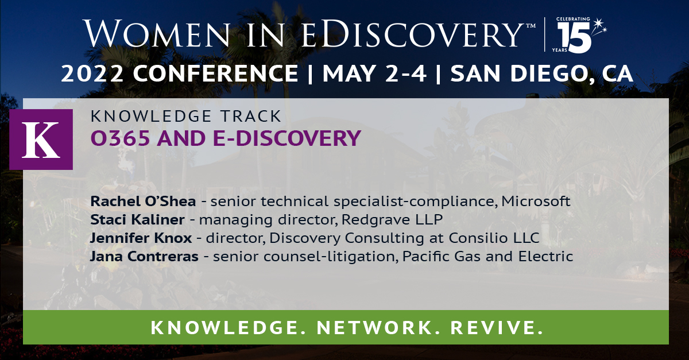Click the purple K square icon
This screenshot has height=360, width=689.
pyautogui.click(x=41, y=140)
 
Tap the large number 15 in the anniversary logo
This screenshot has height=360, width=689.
pyautogui.click(x=575, y=37)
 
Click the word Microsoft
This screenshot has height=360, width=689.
pyautogui.click(x=536, y=202)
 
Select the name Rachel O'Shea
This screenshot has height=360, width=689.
pyautogui.click(x=143, y=202)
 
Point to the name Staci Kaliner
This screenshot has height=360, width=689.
pyautogui.click(x=137, y=220)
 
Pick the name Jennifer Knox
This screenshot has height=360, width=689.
pyautogui.click(x=141, y=238)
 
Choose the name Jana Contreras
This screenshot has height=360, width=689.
pyautogui.click(x=144, y=256)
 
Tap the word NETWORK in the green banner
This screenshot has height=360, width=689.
pyautogui.click(x=374, y=327)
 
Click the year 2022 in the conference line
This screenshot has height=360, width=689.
pyautogui.click(x=92, y=73)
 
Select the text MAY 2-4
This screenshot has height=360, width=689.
pyautogui.click(x=374, y=73)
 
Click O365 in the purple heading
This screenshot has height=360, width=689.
pyautogui.click(x=120, y=138)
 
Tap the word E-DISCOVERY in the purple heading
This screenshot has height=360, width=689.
pyautogui.click(x=287, y=138)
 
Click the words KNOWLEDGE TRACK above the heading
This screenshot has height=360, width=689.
pyautogui.click(x=186, y=117)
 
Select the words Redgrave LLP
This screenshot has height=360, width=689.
pyautogui.click(x=392, y=220)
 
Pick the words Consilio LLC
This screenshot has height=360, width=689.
pyautogui.click(x=494, y=238)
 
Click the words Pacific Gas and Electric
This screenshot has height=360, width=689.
pyautogui.click(x=487, y=256)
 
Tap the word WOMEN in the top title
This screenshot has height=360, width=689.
pyautogui.click(x=157, y=33)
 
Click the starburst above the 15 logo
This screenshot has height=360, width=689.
pyautogui.click(x=598, y=23)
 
